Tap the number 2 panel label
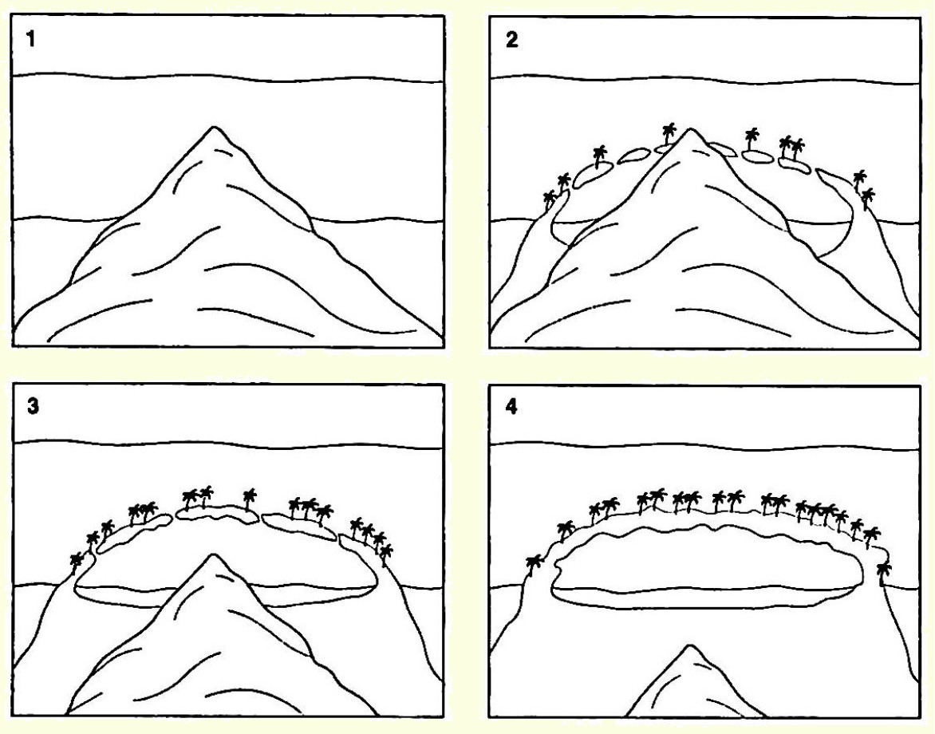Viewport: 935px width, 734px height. click(511, 40)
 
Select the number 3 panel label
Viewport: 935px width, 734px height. click(33, 407)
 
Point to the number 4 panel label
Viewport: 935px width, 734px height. click(511, 407)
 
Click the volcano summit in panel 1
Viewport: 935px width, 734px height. click(214, 128)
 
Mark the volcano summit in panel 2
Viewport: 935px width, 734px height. click(690, 130)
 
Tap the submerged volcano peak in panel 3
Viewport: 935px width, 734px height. click(213, 556)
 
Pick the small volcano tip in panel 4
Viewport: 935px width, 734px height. click(690, 646)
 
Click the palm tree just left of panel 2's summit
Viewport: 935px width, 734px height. click(669, 135)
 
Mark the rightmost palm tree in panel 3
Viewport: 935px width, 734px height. click(386, 554)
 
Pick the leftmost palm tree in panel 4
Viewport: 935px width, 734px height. click(535, 567)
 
